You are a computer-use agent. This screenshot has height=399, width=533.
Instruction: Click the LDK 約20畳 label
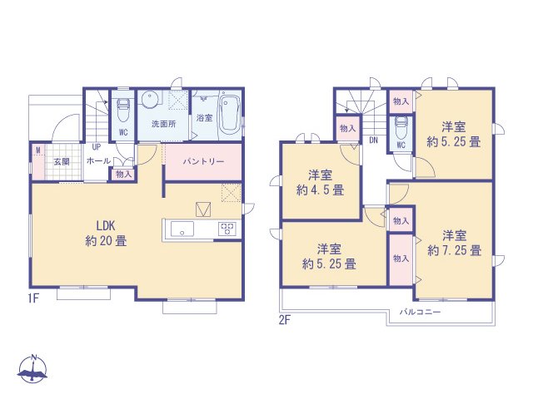pyautogui.click(x=105, y=233)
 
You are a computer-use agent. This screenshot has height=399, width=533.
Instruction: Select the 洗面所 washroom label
pyautogui.click(x=162, y=123)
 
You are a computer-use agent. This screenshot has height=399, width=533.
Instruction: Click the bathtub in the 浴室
pyautogui.click(x=229, y=114)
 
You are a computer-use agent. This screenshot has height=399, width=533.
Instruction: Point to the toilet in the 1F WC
pyautogui.click(x=122, y=108)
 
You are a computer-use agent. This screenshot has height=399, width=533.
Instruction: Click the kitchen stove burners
pyautogui.click(x=227, y=229)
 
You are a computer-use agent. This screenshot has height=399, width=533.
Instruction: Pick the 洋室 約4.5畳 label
pyautogui.click(x=321, y=182)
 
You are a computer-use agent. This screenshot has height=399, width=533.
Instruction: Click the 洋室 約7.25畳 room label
pyautogui.click(x=454, y=242)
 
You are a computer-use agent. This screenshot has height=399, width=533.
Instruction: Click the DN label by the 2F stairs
pyautogui.click(x=374, y=140)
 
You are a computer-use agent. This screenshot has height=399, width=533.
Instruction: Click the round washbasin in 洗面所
pyautogui.click(x=150, y=100)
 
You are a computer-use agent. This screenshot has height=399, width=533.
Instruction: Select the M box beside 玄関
pyautogui.click(x=37, y=150)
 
